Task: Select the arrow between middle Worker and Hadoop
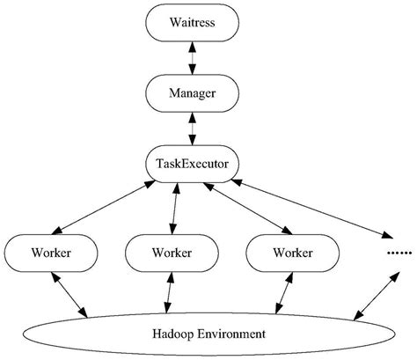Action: pos(169,293)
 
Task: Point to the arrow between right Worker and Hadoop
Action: pos(282,293)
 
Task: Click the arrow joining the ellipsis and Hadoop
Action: pos(372,293)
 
